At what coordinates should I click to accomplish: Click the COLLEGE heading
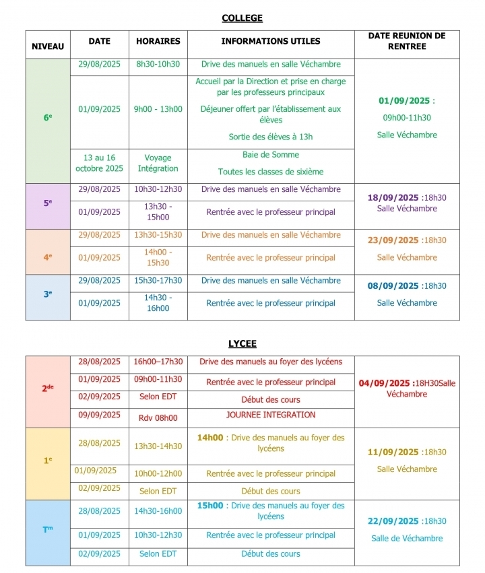pos(242,18)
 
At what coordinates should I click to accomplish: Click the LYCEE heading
pos(242,343)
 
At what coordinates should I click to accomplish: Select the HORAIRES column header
pos(158,41)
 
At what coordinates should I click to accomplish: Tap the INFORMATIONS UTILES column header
pos(271,41)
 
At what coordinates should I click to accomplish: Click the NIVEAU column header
pos(48,46)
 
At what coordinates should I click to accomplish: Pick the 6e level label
pos(48,117)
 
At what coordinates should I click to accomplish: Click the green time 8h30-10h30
pos(158,65)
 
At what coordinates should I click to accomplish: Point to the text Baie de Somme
pos(271,155)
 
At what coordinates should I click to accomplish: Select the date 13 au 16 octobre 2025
pos(99,163)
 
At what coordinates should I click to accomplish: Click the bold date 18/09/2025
pos(393,198)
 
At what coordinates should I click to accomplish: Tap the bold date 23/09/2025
pos(393,240)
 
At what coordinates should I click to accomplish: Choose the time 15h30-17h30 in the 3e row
pos(158,280)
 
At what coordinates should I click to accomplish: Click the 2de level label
pos(48,388)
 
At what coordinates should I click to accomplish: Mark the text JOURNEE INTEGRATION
pos(271,415)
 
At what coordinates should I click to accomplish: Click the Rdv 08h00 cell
pos(158,418)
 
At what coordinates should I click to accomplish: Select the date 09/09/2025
pos(99,415)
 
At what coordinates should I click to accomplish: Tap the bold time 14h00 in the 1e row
pos(209,438)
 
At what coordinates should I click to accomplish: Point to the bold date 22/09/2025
pos(393,521)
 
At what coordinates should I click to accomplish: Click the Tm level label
pos(48,529)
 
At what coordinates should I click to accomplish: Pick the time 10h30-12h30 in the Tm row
pos(158,535)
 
